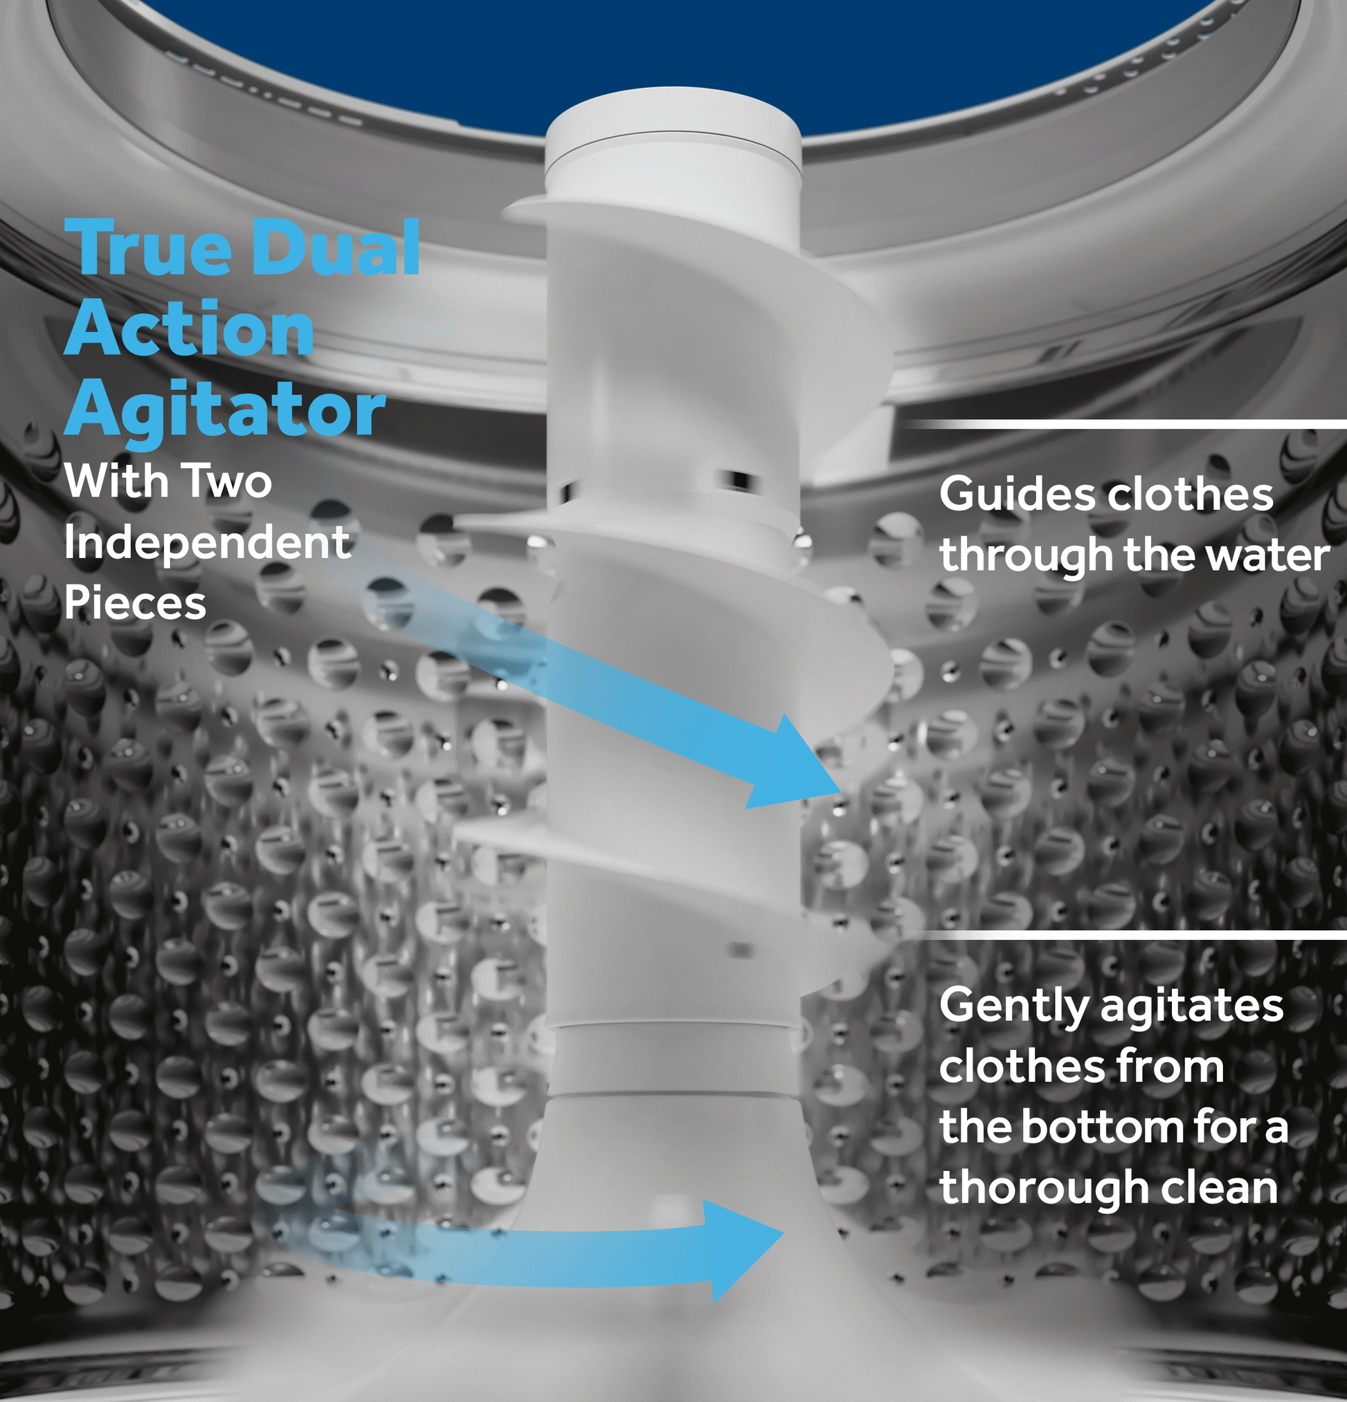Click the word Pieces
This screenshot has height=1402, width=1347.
[x=135, y=602]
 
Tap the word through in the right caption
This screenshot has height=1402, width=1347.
[x=1028, y=557]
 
